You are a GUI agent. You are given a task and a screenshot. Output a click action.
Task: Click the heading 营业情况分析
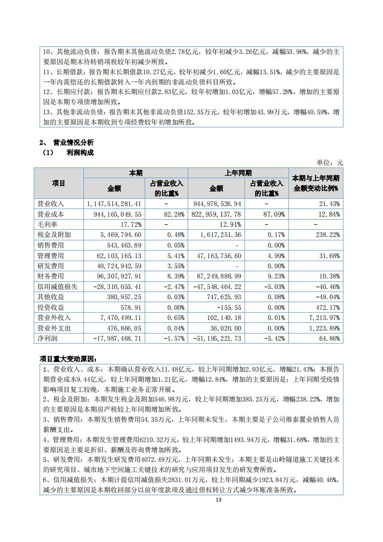(73, 142)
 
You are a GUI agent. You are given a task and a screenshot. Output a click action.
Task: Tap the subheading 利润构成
(80, 153)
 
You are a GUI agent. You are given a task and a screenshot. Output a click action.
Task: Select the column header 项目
(59, 183)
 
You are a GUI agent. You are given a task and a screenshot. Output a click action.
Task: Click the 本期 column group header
(136, 173)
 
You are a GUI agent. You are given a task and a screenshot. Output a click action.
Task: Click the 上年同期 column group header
(238, 173)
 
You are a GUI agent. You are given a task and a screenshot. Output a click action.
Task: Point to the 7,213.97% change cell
(324, 317)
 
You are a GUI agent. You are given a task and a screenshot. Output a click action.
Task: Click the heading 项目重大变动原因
(68, 359)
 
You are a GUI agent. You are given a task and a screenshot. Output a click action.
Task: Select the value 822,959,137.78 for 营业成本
(216, 214)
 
